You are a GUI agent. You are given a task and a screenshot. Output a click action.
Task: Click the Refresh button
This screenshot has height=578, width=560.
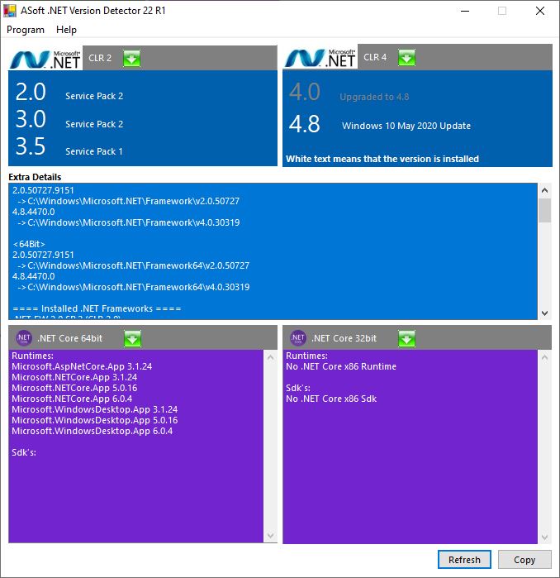tap(464, 560)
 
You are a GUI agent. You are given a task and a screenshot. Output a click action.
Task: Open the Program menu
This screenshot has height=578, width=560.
tap(26, 30)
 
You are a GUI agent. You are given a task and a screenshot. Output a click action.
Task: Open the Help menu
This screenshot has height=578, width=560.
tap(66, 30)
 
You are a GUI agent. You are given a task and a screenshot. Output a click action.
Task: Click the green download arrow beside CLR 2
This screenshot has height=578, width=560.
tap(132, 58)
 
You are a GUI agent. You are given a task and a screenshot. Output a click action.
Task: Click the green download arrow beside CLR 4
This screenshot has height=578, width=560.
tap(406, 58)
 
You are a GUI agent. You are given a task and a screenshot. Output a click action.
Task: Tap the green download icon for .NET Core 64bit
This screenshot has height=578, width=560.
tap(132, 338)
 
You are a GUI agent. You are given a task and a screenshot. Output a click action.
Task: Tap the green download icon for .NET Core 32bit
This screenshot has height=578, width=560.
tap(406, 338)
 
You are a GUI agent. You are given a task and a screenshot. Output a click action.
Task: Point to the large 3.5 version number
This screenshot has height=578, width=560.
tap(31, 147)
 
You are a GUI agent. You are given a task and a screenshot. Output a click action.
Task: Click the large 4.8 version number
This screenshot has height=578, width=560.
tap(304, 125)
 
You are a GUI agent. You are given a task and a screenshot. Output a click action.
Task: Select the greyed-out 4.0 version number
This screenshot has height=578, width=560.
tap(304, 93)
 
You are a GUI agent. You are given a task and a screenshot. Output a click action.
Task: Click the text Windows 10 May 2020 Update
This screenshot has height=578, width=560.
tap(406, 127)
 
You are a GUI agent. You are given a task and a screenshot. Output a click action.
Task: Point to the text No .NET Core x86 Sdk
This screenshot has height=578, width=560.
tap(331, 399)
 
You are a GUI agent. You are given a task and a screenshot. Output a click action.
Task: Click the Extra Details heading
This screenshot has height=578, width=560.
tap(35, 177)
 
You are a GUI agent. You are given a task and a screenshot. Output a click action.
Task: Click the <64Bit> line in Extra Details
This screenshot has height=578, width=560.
tap(29, 245)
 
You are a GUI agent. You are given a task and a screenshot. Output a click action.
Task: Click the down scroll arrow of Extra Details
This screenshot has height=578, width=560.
tap(544, 313)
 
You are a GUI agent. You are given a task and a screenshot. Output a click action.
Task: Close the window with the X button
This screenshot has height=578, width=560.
tap(540, 11)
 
